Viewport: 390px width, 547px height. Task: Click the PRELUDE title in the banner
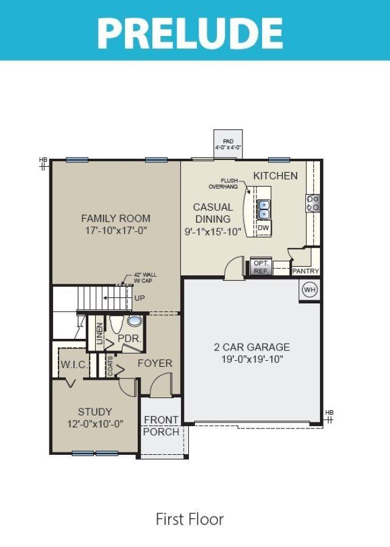pyautogui.click(x=190, y=33)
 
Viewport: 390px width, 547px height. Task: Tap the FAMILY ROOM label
pyautogui.click(x=116, y=219)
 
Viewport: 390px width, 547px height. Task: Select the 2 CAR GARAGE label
pyautogui.click(x=252, y=347)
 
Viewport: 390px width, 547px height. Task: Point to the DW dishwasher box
pyautogui.click(x=264, y=228)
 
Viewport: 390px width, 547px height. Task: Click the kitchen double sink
pyautogui.click(x=264, y=209)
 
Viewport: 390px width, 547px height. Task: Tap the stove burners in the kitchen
pyautogui.click(x=313, y=203)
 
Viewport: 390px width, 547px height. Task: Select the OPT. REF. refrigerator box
pyautogui.click(x=261, y=267)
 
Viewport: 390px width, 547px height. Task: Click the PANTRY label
pyautogui.click(x=305, y=270)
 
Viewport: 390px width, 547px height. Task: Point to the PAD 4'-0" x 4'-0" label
pyautogui.click(x=228, y=145)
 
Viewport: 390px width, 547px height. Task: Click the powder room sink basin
pyautogui.click(x=135, y=321)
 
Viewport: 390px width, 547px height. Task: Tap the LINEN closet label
pyautogui.click(x=99, y=334)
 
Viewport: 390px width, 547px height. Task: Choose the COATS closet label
pyautogui.click(x=110, y=366)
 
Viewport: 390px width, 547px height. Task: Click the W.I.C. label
pyautogui.click(x=74, y=365)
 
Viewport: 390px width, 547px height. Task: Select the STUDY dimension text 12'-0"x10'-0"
pyautogui.click(x=96, y=424)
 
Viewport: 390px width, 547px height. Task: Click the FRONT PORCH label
pyautogui.click(x=161, y=426)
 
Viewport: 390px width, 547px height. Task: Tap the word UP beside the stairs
pyautogui.click(x=140, y=299)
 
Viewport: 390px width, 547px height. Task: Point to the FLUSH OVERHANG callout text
pyautogui.click(x=223, y=184)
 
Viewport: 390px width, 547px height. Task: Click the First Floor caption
pyautogui.click(x=190, y=519)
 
